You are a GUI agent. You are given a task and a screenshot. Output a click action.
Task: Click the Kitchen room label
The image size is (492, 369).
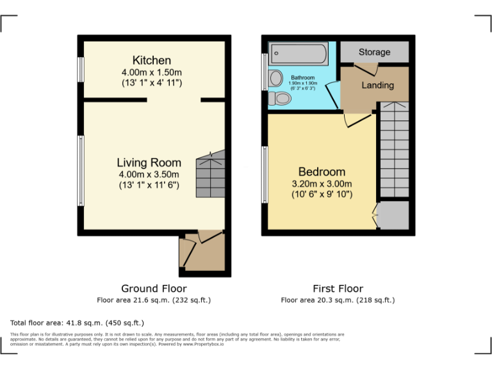152,60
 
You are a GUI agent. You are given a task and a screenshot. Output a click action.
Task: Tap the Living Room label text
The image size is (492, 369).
149,163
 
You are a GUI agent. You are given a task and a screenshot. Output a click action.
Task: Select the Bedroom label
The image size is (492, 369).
322,172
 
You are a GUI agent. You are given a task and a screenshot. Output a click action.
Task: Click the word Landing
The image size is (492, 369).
377,85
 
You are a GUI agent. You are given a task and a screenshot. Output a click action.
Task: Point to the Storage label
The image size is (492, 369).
374,52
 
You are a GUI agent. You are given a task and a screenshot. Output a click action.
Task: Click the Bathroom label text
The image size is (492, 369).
303,78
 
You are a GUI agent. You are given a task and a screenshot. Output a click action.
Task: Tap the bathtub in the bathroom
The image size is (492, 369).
299,53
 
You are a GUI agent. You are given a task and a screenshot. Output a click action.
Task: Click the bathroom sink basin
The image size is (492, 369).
276,79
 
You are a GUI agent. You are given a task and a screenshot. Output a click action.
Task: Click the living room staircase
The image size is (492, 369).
211,174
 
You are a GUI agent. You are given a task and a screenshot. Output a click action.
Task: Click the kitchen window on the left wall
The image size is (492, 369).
81,70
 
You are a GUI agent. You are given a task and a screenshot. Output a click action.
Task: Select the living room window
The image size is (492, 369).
81,170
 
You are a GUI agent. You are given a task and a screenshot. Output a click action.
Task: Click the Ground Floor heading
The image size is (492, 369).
154,288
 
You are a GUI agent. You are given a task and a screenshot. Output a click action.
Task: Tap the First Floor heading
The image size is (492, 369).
338,288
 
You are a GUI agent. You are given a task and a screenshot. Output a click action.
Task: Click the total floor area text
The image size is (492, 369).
78,323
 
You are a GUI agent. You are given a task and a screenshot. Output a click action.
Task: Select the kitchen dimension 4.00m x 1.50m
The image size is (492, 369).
152,72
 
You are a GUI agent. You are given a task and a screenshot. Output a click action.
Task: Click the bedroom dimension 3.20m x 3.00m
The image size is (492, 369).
322,183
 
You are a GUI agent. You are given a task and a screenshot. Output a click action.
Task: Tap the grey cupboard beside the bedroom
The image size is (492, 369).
393,215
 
